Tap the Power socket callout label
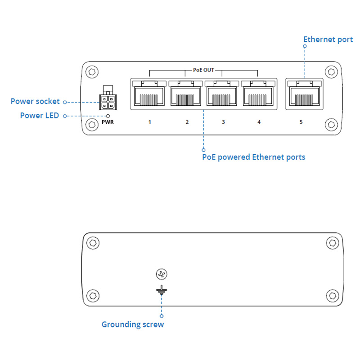pyautogui.click(x=35, y=101)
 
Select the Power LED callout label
pyautogui.click(x=40, y=116)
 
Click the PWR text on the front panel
pyautogui.click(x=108, y=122)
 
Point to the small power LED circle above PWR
pyautogui.click(x=108, y=115)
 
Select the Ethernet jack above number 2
pyautogui.click(x=186, y=95)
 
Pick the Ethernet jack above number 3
pyautogui.click(x=223, y=95)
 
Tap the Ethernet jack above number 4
pyautogui.click(x=259, y=95)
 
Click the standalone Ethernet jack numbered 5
pyautogui.click(x=304, y=95)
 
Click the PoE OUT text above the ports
pyautogui.click(x=203, y=70)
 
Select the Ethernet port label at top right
pyautogui.click(x=328, y=40)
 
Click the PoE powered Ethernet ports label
pyautogui.click(x=254, y=157)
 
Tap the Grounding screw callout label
pyautogui.click(x=133, y=324)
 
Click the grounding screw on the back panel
pyautogui.click(x=161, y=274)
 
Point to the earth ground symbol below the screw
pyautogui.click(x=161, y=290)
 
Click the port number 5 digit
pyautogui.click(x=301, y=122)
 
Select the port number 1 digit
pyautogui.click(x=149, y=122)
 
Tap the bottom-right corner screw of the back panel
pyautogui.click(x=332, y=296)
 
